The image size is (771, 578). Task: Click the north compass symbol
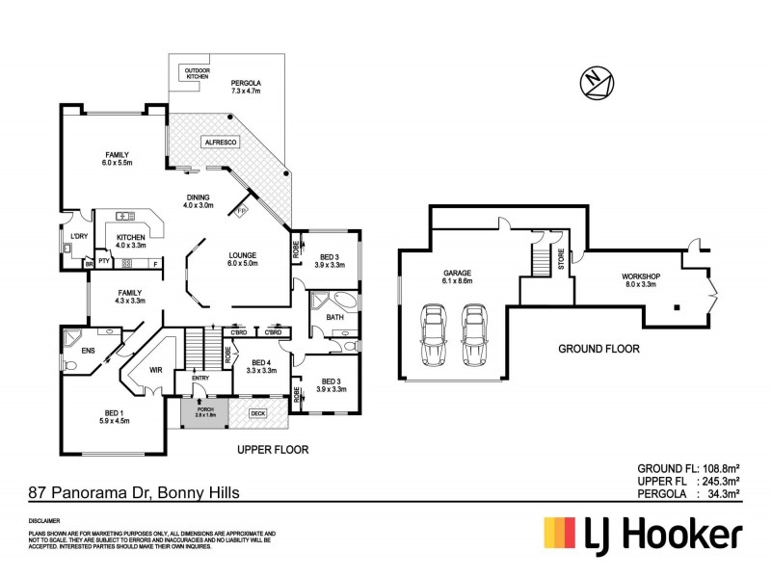pos(595,84)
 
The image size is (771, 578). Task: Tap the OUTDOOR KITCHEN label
pos(197,73)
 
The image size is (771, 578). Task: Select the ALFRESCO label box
pos(221,142)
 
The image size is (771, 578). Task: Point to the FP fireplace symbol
pos(241,209)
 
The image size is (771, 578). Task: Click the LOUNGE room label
pos(243,259)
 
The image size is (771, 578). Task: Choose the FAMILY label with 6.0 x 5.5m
pos(117,159)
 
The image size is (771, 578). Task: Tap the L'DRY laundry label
pos(79,236)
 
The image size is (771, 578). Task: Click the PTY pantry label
pos(103,263)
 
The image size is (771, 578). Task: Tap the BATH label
pos(334,317)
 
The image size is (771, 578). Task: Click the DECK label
pos(257,413)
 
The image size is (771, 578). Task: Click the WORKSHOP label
pos(640,279)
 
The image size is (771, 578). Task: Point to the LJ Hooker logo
pos(643,534)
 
